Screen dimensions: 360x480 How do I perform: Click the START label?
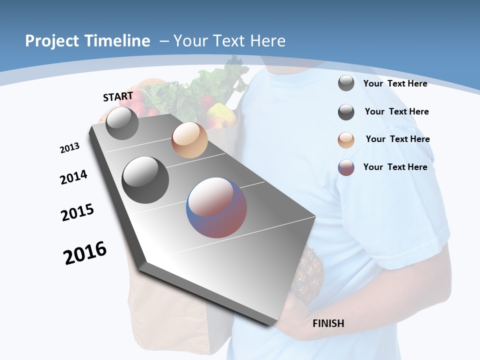coord(118,96)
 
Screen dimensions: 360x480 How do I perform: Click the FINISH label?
coord(328,323)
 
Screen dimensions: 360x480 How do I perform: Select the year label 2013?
coord(69,148)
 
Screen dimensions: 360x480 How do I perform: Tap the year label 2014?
coord(74,177)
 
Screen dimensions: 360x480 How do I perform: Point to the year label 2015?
coord(77,212)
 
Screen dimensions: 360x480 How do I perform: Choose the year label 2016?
coord(85,253)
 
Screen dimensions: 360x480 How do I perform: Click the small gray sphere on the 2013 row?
coord(122,123)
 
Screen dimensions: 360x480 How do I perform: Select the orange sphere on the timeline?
coord(189,140)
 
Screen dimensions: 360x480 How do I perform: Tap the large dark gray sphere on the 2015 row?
coord(145,179)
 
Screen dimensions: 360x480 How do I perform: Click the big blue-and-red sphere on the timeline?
coord(216,207)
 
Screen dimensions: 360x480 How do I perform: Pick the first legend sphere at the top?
coord(346,83)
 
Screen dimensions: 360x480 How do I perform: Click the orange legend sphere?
coord(346,140)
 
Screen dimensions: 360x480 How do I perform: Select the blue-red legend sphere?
coord(346,167)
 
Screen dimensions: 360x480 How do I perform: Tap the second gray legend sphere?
coord(346,112)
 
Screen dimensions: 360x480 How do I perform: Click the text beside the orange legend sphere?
coord(397,139)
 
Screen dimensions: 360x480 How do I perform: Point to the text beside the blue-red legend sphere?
coord(395,167)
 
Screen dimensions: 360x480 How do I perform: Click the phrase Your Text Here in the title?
coord(229,41)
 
